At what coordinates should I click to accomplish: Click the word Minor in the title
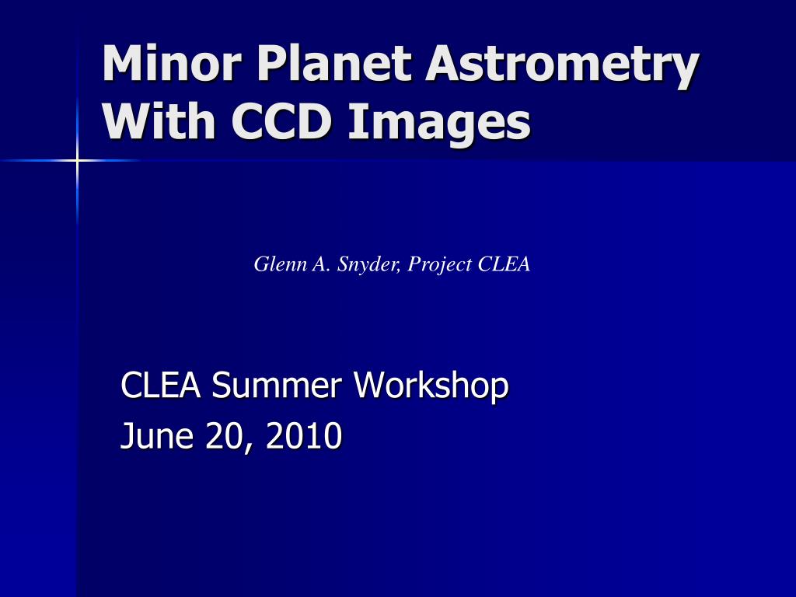pos(172,64)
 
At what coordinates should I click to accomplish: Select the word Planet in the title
pos(333,64)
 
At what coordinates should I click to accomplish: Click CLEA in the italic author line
pos(504,264)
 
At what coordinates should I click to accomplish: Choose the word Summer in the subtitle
pos(277,386)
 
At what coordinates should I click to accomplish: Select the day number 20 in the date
pos(225,435)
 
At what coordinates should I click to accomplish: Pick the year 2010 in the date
pos(304,435)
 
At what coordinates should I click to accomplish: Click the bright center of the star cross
pos(77,160)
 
